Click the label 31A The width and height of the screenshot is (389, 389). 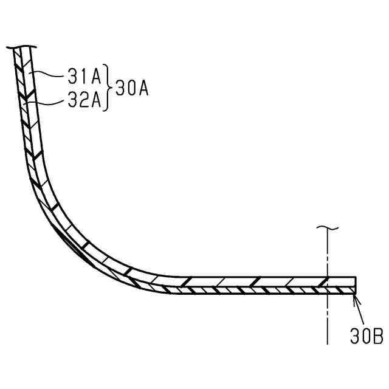tap(84, 77)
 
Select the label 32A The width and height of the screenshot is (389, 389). tap(84, 100)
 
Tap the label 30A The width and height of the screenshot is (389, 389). tap(132, 88)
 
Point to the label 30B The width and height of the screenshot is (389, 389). tap(367, 336)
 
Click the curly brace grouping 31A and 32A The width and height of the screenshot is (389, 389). tap(108, 88)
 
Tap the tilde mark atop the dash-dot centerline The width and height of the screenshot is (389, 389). tap(328, 227)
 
